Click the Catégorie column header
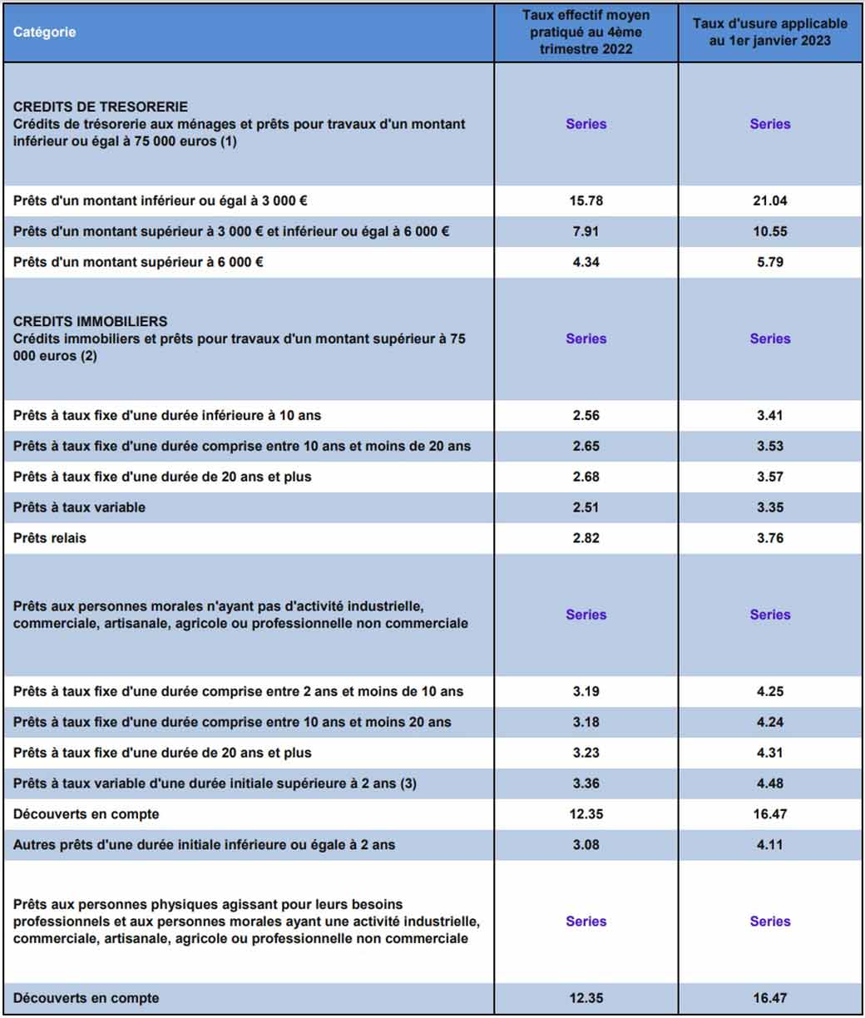(x=44, y=32)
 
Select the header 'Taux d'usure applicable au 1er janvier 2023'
(x=769, y=32)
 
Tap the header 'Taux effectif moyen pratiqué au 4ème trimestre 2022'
(x=586, y=32)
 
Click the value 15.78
(x=586, y=200)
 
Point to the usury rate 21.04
(x=769, y=200)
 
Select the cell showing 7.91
(x=586, y=231)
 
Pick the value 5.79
(x=769, y=262)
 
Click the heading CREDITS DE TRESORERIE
(x=101, y=106)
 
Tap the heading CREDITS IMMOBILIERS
(x=90, y=321)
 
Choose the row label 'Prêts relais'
(x=50, y=538)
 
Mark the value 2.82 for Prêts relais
(x=586, y=538)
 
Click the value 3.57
(x=769, y=477)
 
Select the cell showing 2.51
(x=586, y=507)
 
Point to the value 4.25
(x=769, y=691)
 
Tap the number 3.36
(x=586, y=783)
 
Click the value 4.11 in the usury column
(x=769, y=845)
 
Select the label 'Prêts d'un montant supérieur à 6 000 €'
(x=138, y=262)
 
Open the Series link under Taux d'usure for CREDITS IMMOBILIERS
(x=769, y=339)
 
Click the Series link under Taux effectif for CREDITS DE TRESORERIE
(x=586, y=124)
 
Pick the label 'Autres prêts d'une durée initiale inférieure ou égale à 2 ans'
(x=204, y=845)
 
